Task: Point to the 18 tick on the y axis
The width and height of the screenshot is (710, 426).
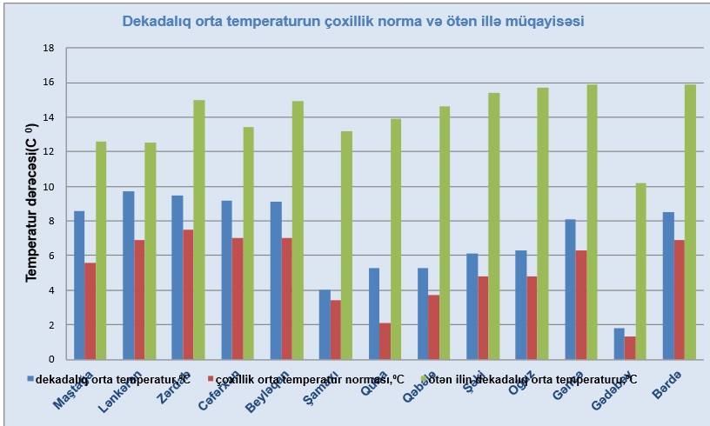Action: click(49, 48)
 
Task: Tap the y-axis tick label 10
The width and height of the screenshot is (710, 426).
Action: click(49, 186)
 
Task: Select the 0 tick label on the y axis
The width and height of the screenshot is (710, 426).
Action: click(51, 359)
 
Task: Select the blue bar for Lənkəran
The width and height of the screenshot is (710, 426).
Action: click(128, 275)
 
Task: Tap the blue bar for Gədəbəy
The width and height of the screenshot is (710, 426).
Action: click(619, 343)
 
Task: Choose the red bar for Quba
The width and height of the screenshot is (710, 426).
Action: click(385, 341)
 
